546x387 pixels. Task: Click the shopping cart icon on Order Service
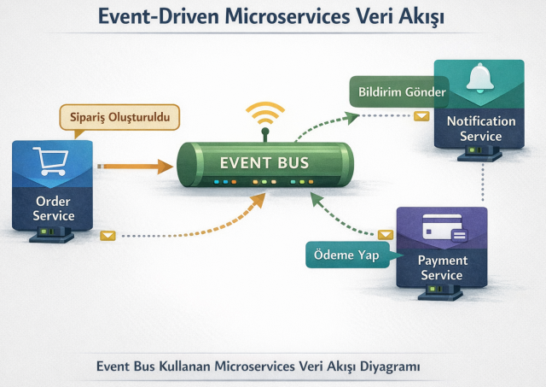coord(49,161)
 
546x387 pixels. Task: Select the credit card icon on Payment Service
coord(442,229)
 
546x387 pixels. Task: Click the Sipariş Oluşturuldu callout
coord(119,117)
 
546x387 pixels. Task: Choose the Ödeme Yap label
coord(345,254)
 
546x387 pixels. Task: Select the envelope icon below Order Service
coord(107,236)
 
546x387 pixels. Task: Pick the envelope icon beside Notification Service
coord(421,116)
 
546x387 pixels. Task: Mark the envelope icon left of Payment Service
coord(386,233)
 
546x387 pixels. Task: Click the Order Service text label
coord(54,208)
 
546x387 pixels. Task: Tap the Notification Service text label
coord(480,128)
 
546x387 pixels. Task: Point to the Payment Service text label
coord(442,267)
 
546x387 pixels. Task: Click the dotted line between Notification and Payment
coord(484,182)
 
